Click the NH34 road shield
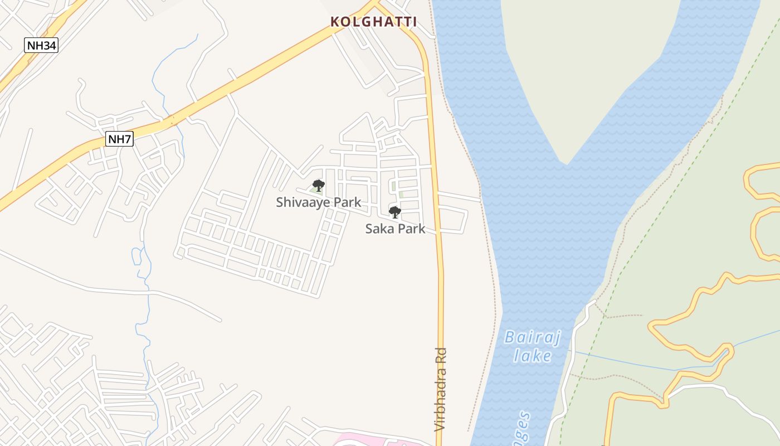tap(41, 45)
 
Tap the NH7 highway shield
tap(119, 139)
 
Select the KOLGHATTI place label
tap(373, 22)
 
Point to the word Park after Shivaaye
tap(348, 202)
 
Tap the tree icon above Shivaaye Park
tap(319, 185)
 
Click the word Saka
tap(379, 229)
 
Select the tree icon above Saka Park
tap(394, 212)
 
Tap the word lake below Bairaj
tap(532, 356)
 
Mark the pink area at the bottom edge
tap(368, 440)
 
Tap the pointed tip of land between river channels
tap(566, 163)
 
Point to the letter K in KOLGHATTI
tap(335, 22)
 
